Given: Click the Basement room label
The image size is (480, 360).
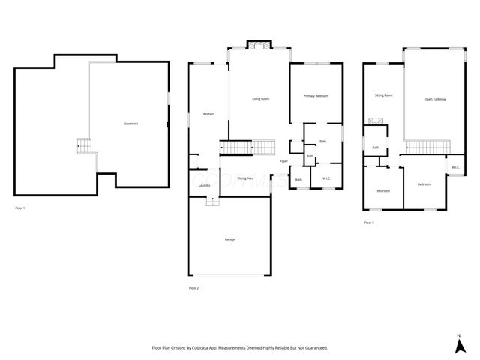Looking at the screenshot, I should point(130,124).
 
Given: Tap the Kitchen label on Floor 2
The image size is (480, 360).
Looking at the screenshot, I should point(208,114).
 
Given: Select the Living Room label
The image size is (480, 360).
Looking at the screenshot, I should point(260,99).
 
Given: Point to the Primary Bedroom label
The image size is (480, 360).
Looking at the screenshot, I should point(316,96).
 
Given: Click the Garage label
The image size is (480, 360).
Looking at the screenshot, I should point(229,239).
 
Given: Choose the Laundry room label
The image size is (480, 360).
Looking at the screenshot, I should point(204,185).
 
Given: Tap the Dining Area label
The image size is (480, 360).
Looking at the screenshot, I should point(245,178).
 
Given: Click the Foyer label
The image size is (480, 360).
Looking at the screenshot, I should point(284,161).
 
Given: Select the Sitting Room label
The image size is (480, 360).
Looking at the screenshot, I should point(383,95).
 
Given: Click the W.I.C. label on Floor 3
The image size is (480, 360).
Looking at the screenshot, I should point(455,167).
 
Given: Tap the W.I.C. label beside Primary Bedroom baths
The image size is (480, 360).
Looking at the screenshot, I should point(326,178).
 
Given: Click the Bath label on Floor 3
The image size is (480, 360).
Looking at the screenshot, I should point(375,148).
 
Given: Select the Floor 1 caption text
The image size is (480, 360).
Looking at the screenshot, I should point(20,207).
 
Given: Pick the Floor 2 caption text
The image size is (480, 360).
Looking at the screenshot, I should point(193,287).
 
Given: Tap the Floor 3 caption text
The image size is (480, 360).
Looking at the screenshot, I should point(369,223).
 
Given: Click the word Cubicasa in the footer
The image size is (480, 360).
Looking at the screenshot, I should point(199,348).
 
